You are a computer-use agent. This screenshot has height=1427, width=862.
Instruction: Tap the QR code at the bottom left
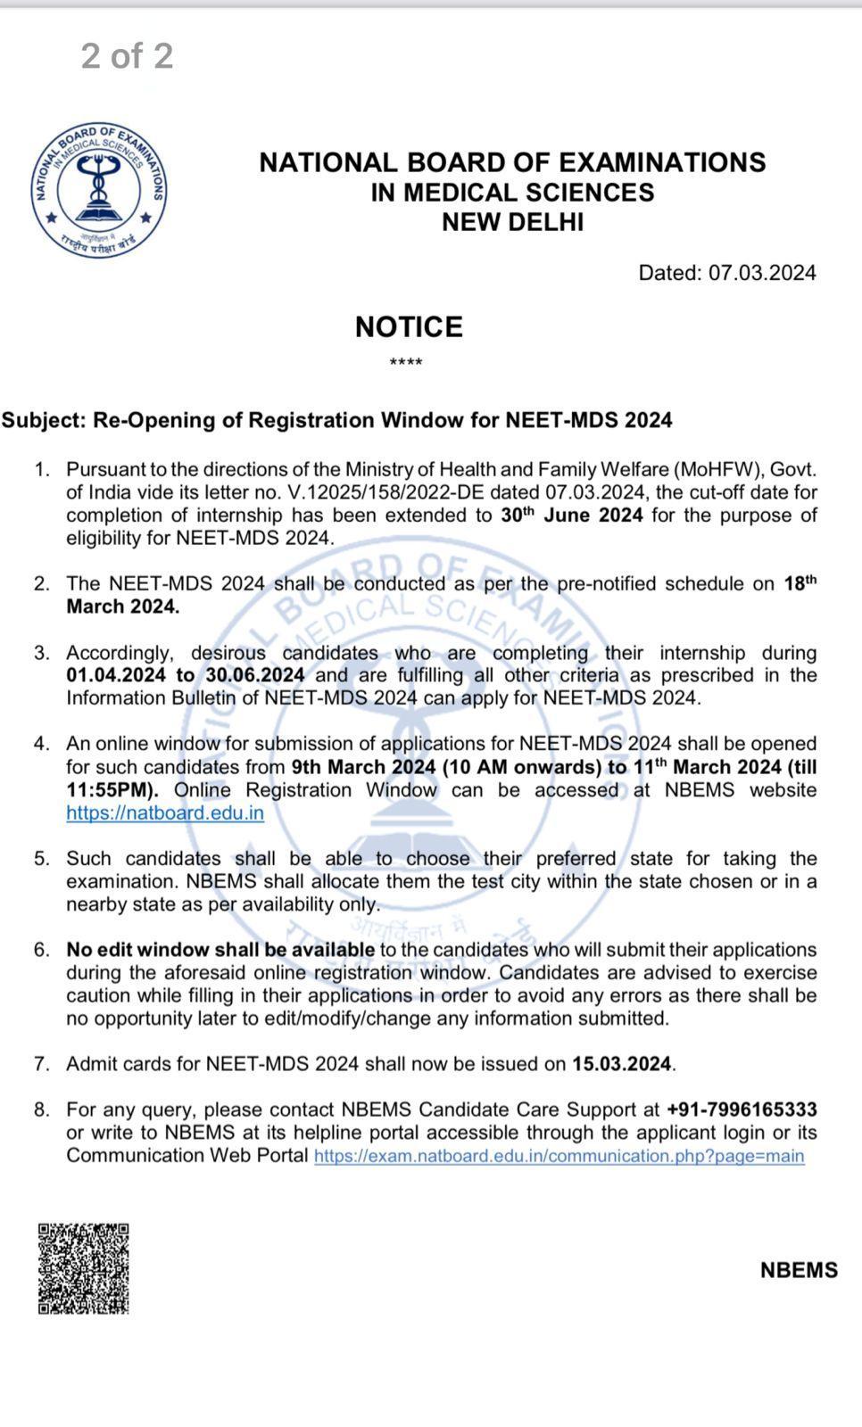[83, 1268]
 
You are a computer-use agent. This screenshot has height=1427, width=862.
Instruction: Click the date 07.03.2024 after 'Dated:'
[762, 273]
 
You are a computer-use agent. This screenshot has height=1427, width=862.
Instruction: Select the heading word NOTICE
[409, 327]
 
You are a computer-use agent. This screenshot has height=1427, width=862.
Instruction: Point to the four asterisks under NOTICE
[406, 363]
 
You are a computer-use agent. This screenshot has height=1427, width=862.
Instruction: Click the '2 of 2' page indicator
[127, 56]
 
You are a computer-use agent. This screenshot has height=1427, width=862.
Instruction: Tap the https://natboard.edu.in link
[165, 813]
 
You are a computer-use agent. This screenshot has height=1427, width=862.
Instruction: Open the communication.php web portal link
[559, 1156]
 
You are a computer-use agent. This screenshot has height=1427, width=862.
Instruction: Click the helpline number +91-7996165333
[742, 1109]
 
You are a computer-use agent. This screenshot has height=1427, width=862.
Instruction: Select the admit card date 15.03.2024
[622, 1064]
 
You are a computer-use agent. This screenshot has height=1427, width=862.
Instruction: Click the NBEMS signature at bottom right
[799, 1270]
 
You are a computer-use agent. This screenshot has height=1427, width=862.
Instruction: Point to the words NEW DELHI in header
[512, 222]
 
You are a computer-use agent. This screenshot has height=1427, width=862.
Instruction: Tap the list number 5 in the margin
[41, 859]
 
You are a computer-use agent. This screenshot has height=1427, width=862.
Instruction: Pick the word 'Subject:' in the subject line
[43, 420]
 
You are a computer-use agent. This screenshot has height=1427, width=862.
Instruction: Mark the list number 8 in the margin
[41, 1109]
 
